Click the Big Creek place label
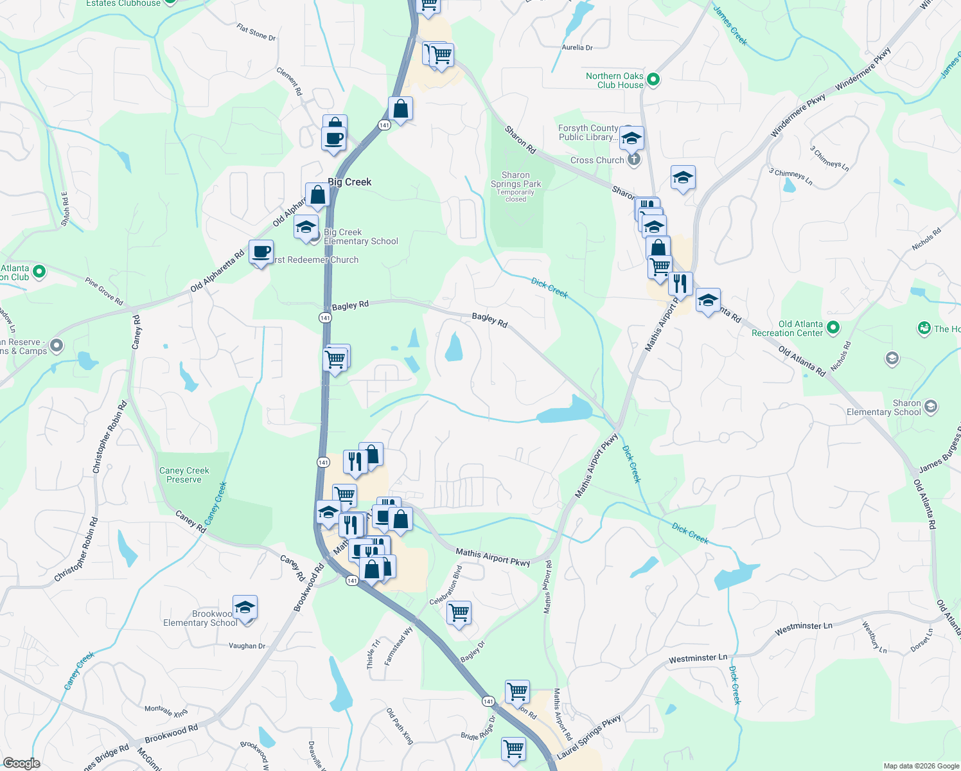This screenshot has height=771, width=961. [x=349, y=182]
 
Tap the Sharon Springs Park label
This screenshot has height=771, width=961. [x=516, y=180]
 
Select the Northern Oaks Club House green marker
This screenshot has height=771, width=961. [x=653, y=80]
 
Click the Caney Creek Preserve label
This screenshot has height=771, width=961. [x=184, y=475]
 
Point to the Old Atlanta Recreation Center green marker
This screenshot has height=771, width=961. [x=833, y=328]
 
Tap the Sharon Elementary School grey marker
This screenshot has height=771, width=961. [x=931, y=407]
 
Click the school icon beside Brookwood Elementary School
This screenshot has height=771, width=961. [x=245, y=607]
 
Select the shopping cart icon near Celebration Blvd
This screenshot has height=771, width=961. [x=459, y=612]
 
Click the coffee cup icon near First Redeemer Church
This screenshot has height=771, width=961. [x=261, y=252]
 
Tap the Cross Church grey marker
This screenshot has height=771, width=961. [x=634, y=160]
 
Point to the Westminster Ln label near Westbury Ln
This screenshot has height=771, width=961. [x=803, y=628]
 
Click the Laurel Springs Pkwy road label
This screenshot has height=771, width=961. [x=589, y=736]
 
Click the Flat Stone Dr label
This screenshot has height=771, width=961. [x=256, y=32]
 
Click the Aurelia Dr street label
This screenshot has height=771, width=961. [x=577, y=48]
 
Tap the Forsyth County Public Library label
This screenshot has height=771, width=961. [x=588, y=132]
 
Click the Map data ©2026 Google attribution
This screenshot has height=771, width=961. [x=921, y=766]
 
